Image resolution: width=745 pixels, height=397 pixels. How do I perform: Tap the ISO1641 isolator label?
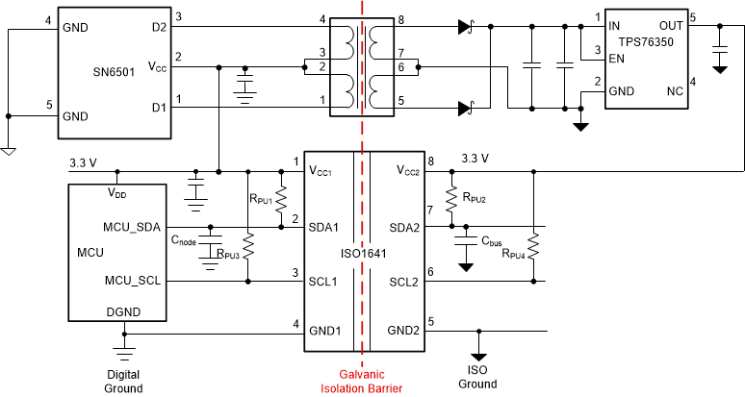point(363,254)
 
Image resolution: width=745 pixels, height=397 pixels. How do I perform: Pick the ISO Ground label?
point(477,378)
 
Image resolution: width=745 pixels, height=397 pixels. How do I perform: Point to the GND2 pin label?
point(403,330)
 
